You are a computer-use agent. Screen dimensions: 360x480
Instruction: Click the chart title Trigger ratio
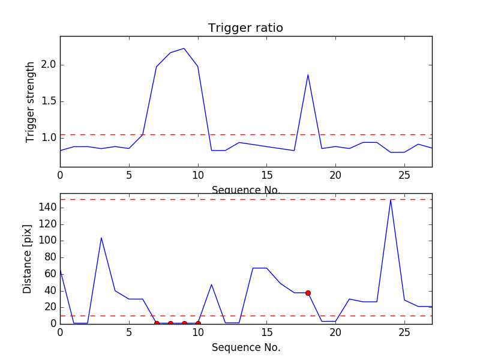[x=245, y=28]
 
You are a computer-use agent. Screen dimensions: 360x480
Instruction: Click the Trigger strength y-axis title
[x=31, y=101]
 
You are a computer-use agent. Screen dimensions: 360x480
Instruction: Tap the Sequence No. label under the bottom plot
[x=246, y=347]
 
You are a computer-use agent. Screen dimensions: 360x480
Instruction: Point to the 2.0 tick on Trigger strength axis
[x=48, y=65]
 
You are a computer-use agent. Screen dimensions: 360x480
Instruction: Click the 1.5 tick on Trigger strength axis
[x=48, y=101]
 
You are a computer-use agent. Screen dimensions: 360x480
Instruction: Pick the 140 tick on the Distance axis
[x=45, y=208]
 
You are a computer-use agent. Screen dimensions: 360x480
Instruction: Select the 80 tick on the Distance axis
[x=47, y=257]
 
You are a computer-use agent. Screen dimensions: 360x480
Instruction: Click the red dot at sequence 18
[x=308, y=293]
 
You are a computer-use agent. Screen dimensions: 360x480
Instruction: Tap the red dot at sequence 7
[x=157, y=323]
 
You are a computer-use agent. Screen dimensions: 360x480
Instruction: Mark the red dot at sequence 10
[x=198, y=323]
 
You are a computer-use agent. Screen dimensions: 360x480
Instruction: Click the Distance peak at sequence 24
[x=391, y=200]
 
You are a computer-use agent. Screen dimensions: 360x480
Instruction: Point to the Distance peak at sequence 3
[x=101, y=238]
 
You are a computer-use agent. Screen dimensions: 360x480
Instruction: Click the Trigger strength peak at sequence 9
[x=184, y=49]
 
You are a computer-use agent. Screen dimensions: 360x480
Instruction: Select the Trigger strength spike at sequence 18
[x=308, y=75]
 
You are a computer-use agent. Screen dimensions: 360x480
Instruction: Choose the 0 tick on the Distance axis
[x=53, y=323]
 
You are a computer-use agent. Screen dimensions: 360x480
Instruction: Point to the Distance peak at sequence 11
[x=212, y=284]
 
